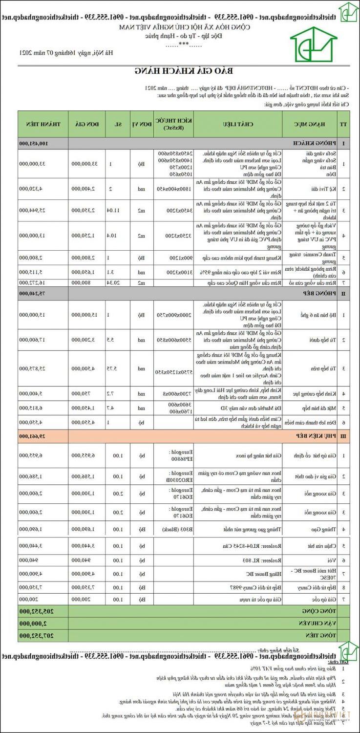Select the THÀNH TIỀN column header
point(42,124)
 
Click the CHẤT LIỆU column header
point(237,124)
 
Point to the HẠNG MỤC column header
point(311,124)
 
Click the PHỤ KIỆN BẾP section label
point(310,435)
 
